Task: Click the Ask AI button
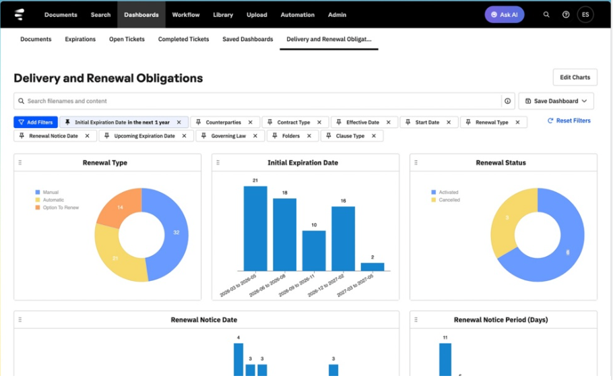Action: (x=505, y=15)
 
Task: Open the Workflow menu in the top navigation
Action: (x=186, y=15)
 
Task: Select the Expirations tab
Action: (x=80, y=39)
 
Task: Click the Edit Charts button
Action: (x=575, y=77)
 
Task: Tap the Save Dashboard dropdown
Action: (x=556, y=101)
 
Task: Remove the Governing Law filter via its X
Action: (x=255, y=136)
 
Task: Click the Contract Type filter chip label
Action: (x=294, y=123)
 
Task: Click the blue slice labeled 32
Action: (x=172, y=232)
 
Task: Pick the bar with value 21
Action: (x=255, y=228)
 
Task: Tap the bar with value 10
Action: (x=314, y=251)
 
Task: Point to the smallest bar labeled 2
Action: (x=373, y=267)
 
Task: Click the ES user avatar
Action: (x=585, y=15)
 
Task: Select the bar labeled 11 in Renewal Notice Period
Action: (x=445, y=360)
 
